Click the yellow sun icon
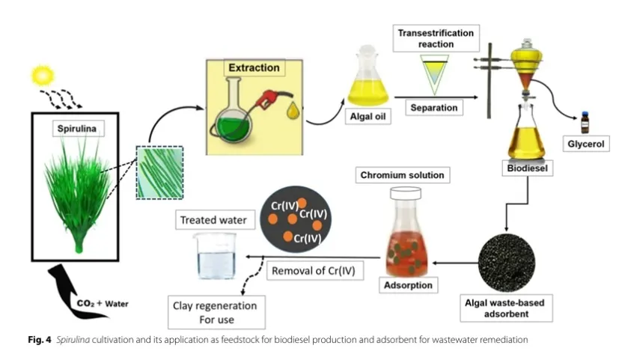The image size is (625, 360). point(43,76)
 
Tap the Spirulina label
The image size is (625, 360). point(77,129)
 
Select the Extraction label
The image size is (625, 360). point(254,68)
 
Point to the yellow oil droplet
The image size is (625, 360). point(293,111)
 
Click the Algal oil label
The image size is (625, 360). point(368,117)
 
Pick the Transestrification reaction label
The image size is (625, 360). point(436,38)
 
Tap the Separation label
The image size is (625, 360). point(434,108)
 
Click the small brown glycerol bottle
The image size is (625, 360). point(585,123)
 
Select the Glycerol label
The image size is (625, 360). point(586,144)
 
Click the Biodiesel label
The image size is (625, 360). point(528,168)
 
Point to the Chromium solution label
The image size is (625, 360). point(403,175)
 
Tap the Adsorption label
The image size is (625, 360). point(408,285)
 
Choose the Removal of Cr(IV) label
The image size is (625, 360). point(314,271)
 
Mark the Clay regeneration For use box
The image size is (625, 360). point(216,312)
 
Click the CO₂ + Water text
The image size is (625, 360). point(103,304)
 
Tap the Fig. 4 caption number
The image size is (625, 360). point(40,340)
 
